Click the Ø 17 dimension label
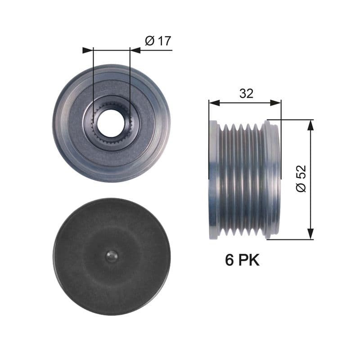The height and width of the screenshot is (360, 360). tap(158, 41)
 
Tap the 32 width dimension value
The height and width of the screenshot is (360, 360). tap(246, 93)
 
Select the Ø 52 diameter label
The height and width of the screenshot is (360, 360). tap(301, 179)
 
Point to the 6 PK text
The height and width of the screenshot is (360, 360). tap(243, 260)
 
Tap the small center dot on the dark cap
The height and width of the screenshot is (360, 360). tap(111, 256)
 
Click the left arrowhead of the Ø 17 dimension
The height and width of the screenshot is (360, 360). tap(87, 50)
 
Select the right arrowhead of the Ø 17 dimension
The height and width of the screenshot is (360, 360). tap(134, 50)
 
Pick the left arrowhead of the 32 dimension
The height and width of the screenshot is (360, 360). tap(213, 103)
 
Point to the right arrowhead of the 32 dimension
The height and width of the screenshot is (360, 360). tap(276, 103)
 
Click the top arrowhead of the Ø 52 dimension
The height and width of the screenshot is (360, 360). tap(310, 125)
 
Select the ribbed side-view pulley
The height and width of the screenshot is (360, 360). tap(244, 179)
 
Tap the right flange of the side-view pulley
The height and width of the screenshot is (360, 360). tap(273, 179)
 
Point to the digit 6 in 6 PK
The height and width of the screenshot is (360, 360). tap(230, 260)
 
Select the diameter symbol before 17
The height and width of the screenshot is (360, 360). tap(150, 41)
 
